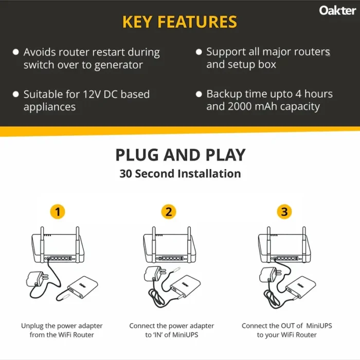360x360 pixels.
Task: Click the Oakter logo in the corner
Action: [337, 10]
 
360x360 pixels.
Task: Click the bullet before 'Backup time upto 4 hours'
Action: [199, 95]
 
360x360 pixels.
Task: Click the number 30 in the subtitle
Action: [126, 174]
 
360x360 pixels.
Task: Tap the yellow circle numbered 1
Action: [58, 211]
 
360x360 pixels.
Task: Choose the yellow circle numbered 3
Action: [283, 211]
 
